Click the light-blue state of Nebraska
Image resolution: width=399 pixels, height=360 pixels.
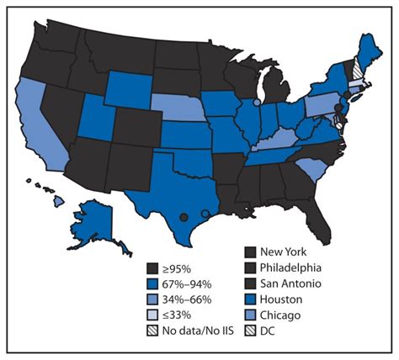(x=181, y=109)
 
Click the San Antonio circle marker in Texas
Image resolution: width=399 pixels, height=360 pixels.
(x=184, y=217)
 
